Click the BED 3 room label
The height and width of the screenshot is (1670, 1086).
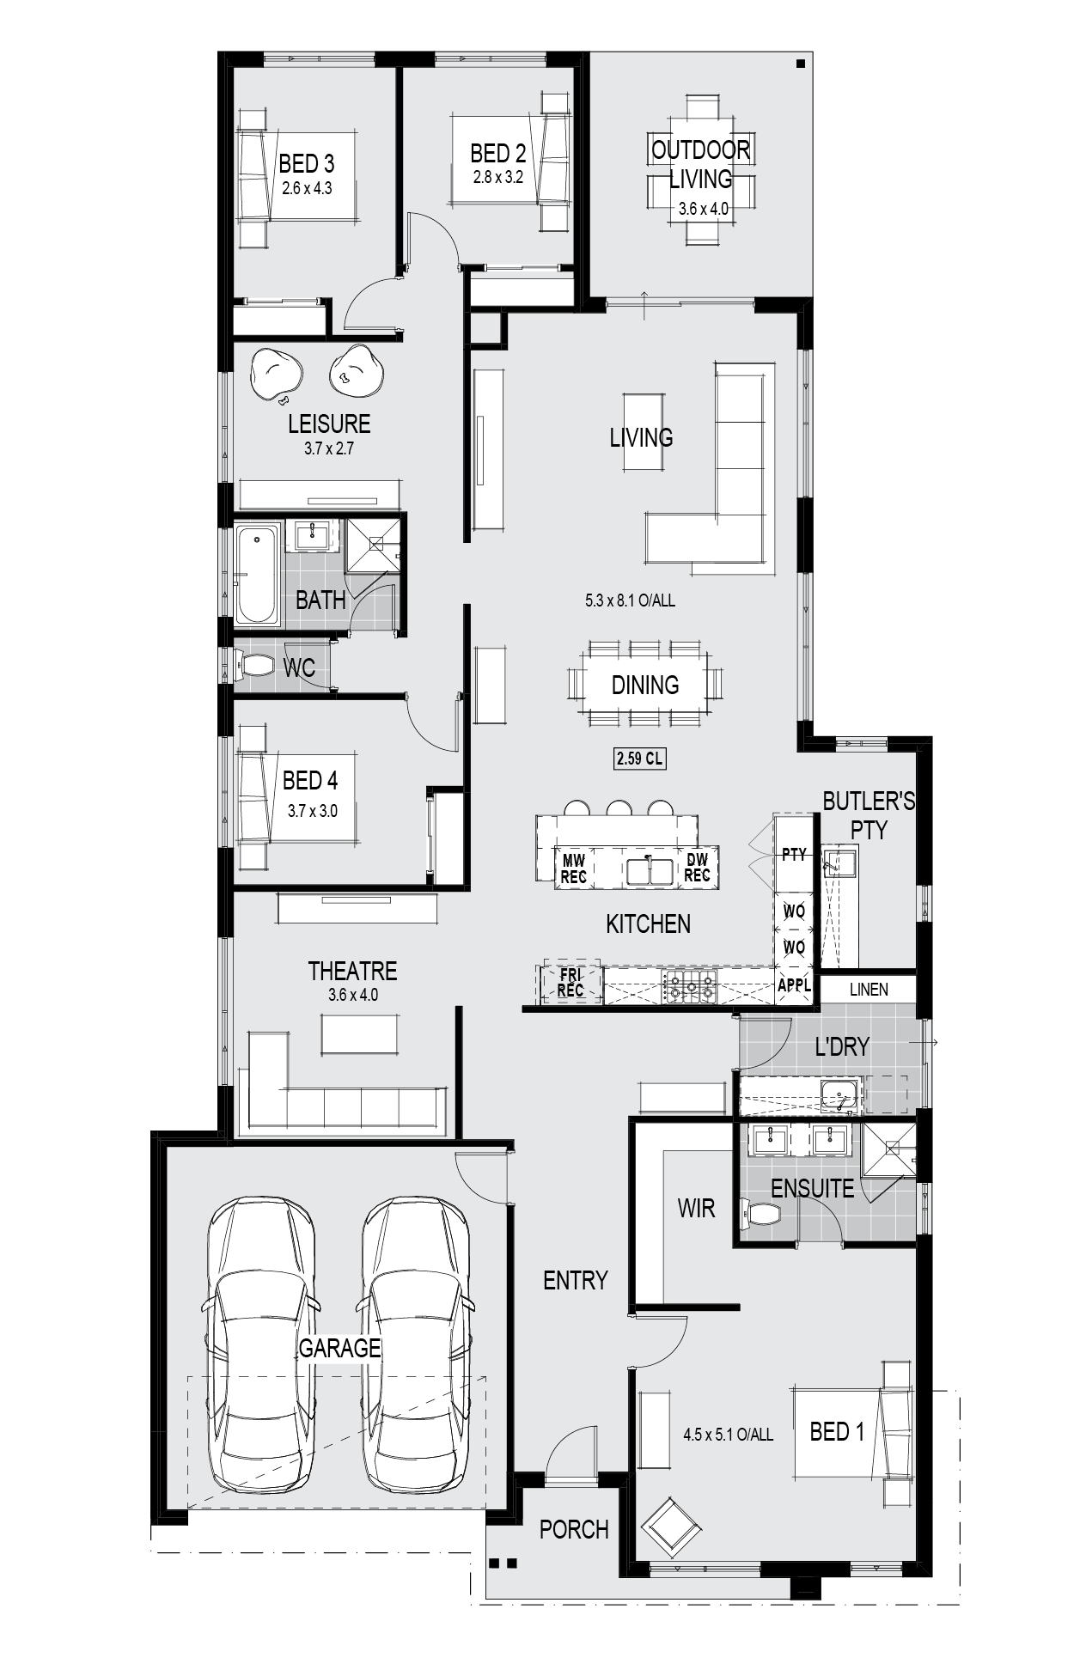click(307, 163)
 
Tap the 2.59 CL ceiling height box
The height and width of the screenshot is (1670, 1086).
click(640, 759)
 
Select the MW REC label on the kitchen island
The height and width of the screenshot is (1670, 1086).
click(573, 868)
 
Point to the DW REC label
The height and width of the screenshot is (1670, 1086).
click(697, 868)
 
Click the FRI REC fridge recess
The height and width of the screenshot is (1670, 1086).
click(570, 984)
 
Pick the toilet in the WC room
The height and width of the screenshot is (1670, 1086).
click(253, 664)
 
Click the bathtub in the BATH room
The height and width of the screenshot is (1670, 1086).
click(258, 574)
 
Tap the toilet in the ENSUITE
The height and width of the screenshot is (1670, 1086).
click(763, 1214)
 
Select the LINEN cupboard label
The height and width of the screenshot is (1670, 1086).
click(869, 990)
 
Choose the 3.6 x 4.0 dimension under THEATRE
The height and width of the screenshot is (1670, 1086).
click(352, 996)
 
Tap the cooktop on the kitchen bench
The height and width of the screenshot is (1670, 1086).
click(688, 986)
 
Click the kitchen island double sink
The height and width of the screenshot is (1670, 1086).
click(650, 870)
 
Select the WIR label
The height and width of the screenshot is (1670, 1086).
click(696, 1209)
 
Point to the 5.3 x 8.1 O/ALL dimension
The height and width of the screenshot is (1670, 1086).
click(630, 600)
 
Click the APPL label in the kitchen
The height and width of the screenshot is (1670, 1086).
click(794, 985)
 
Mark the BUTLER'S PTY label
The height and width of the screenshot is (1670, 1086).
click(869, 815)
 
